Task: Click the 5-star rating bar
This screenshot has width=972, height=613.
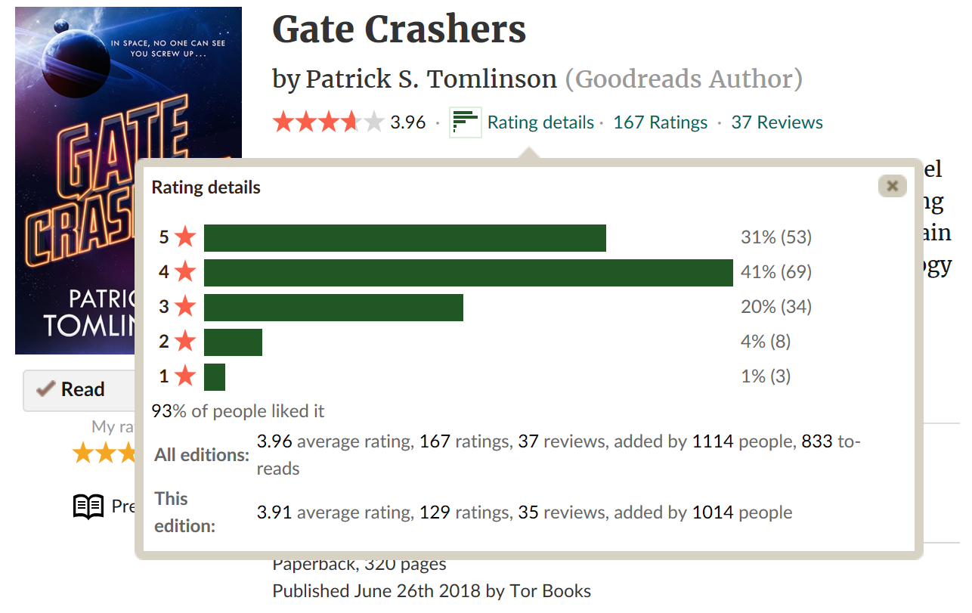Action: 404,238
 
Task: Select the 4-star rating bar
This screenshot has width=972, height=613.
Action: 468,273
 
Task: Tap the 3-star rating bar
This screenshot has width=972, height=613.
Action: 333,308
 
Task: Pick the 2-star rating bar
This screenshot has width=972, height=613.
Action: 233,342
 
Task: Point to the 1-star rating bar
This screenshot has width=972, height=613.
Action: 215,377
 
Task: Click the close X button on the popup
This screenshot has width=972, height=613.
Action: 892,186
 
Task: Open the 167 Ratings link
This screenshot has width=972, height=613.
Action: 660,122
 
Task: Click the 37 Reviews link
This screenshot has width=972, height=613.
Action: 777,122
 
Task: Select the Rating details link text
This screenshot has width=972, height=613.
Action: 540,122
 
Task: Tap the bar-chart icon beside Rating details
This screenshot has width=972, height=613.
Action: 466,122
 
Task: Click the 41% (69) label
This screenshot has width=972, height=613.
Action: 776,272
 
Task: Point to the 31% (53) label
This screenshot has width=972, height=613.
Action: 776,237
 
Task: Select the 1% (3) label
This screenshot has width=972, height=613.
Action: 766,376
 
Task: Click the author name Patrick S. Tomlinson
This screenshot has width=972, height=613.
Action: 431,79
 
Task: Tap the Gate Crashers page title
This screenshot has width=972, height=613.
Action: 399,30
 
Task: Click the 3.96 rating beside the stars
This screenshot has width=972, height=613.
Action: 408,122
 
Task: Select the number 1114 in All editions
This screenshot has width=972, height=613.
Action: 713,441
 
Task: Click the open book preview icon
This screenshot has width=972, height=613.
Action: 88,506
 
